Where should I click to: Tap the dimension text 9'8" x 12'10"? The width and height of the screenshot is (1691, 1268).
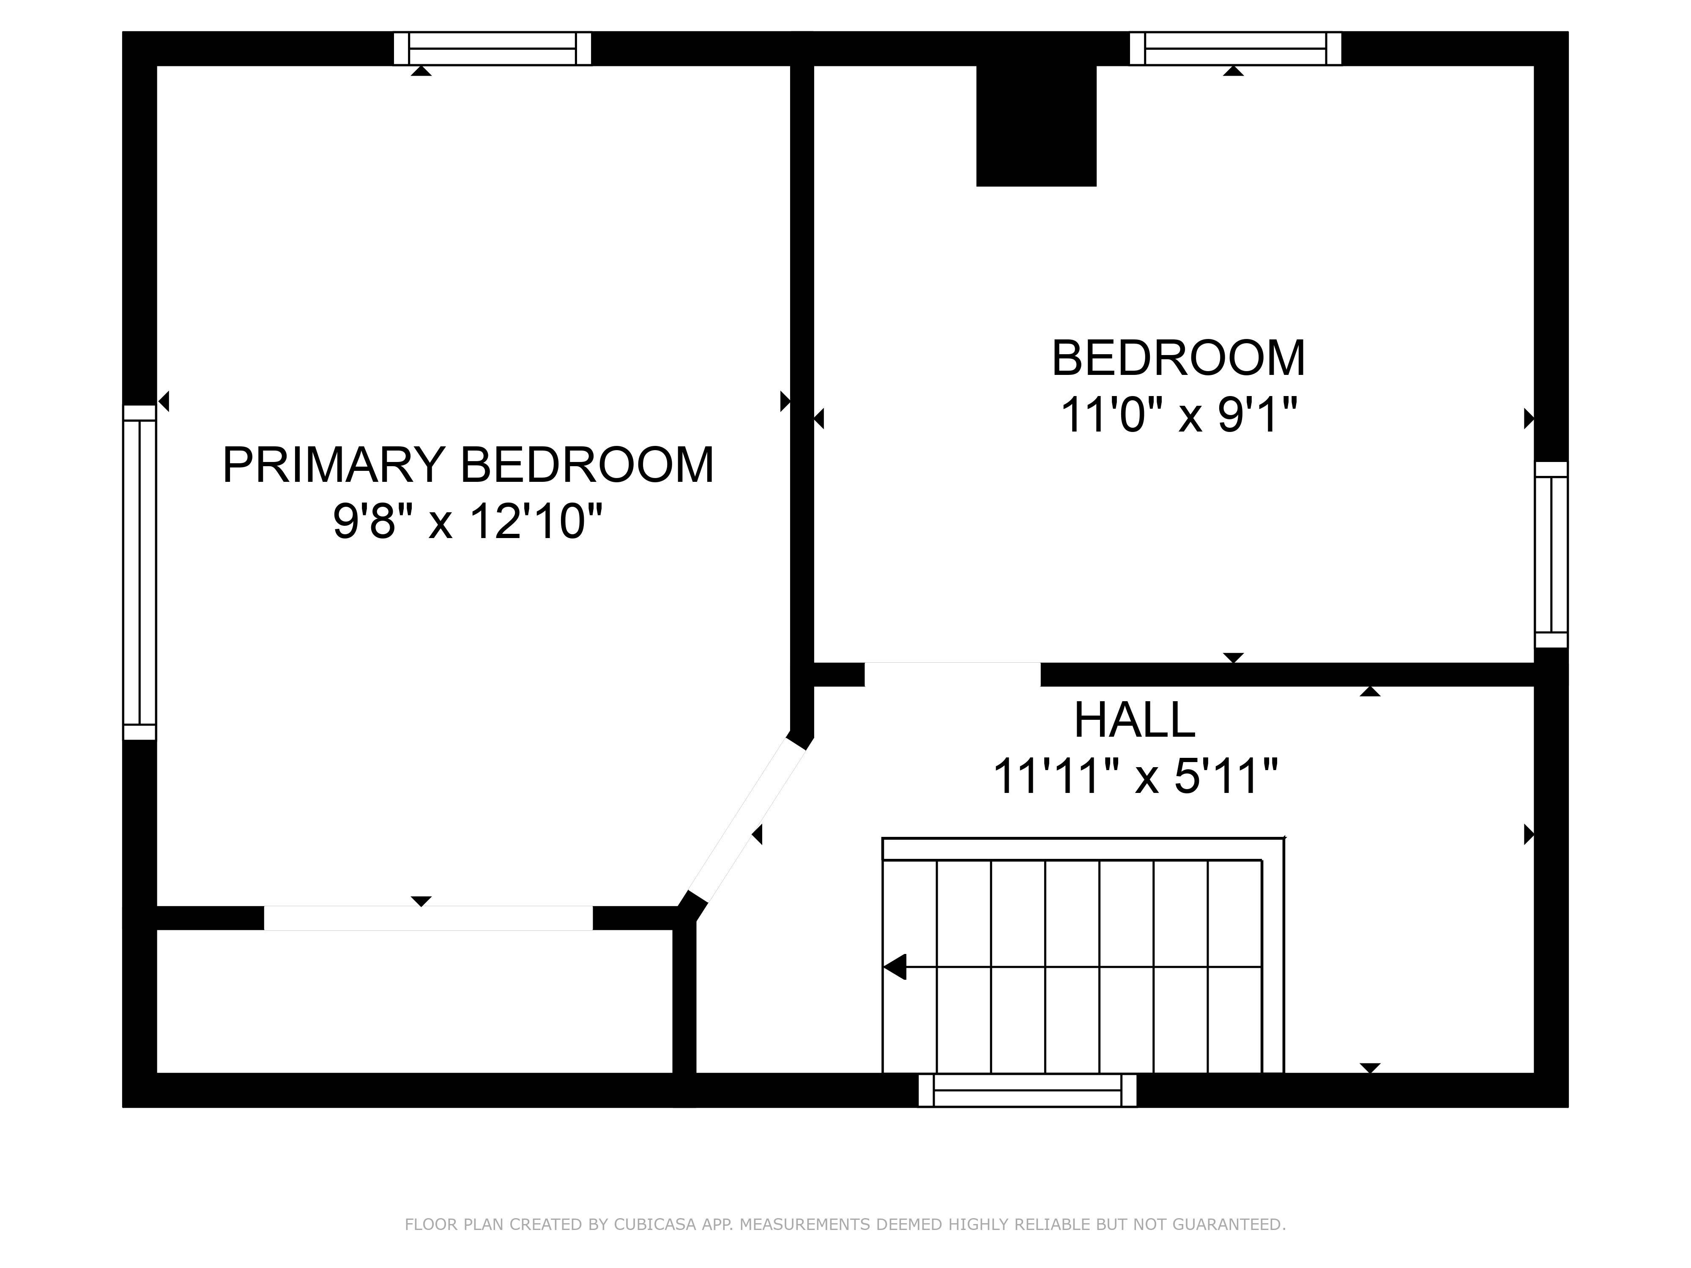(x=468, y=522)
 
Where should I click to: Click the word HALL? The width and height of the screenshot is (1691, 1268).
(x=1135, y=720)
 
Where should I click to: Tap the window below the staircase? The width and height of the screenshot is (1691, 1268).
(x=1027, y=1090)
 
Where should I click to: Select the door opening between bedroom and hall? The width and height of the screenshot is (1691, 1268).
(x=952, y=674)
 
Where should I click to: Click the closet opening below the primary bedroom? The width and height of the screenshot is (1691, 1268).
(x=428, y=918)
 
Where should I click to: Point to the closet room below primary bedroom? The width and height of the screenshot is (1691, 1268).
(x=413, y=1001)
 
